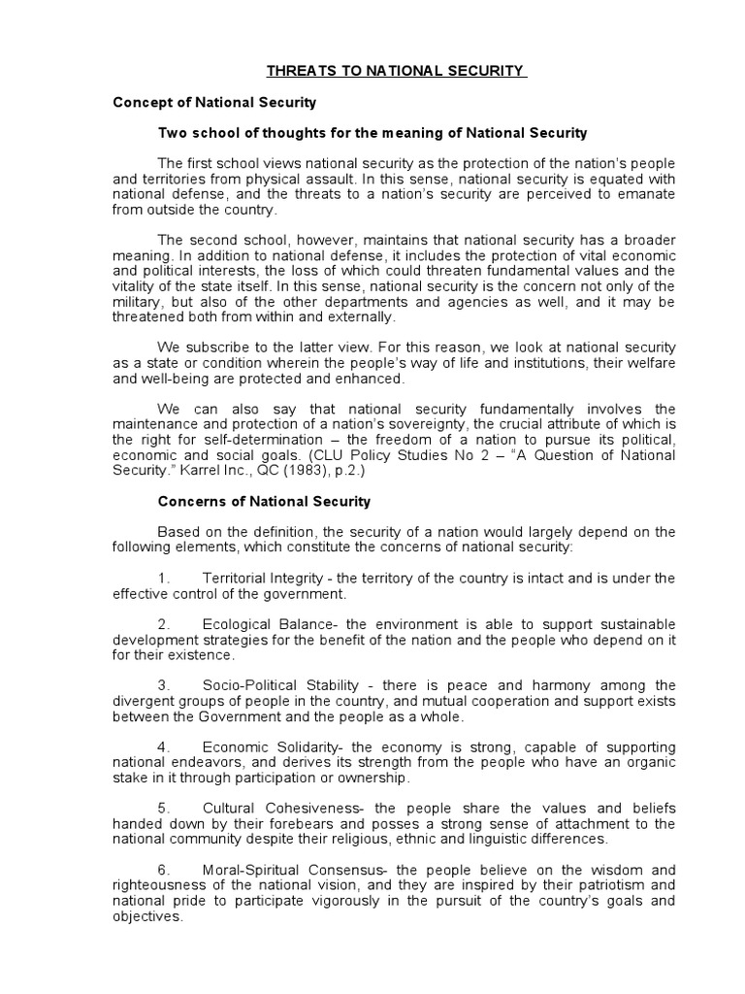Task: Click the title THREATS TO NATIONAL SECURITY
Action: (396, 71)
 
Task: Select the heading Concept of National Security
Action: (214, 101)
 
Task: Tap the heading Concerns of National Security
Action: (264, 502)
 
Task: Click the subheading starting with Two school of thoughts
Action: (372, 132)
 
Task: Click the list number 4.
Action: (164, 746)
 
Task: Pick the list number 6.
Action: (164, 870)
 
